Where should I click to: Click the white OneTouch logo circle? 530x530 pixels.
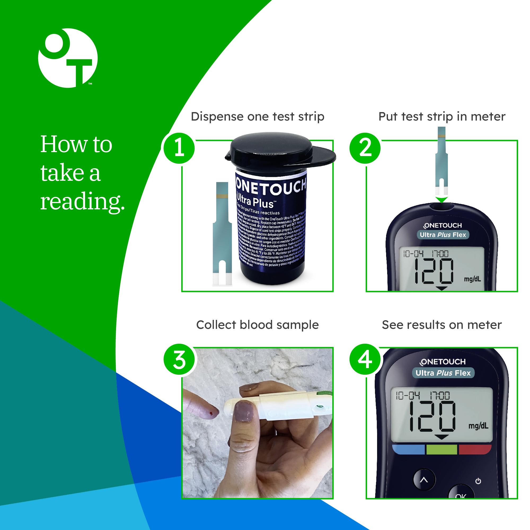pos(68,58)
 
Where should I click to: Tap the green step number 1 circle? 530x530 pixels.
pos(179,148)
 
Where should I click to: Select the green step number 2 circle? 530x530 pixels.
pos(365,148)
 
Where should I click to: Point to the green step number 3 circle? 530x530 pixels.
pos(179,359)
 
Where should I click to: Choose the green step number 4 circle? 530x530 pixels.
pos(365,359)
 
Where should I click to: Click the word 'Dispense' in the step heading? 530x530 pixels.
pos(217,117)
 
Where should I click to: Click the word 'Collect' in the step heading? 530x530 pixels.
pos(216,325)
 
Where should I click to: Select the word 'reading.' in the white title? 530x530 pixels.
pos(82,201)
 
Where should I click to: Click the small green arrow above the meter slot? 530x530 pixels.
pos(441,200)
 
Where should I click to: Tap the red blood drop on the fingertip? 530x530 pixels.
pos(211,413)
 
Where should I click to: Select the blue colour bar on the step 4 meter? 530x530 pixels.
pos(409,450)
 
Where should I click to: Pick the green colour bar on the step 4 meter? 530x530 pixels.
pos(442,450)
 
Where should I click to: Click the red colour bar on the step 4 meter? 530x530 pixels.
pos(474,450)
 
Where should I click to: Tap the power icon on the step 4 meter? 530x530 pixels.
pos(478,481)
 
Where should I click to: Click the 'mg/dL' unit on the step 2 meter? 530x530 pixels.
pos(472,279)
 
